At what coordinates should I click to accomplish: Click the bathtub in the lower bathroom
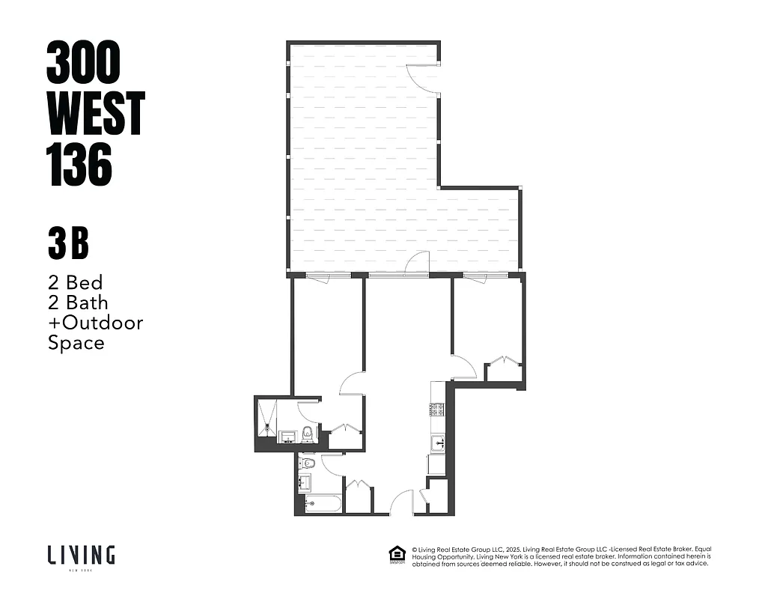[x=323, y=503]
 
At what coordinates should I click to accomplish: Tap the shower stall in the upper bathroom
[x=267, y=417]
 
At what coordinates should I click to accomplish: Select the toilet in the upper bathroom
[x=308, y=433]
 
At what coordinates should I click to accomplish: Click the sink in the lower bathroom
[x=304, y=482]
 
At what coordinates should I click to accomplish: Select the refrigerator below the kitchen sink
[x=437, y=464]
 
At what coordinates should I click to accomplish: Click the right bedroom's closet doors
[x=505, y=362]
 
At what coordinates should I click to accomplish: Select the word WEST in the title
[x=95, y=113]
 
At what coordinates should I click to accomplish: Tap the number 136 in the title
[x=79, y=165]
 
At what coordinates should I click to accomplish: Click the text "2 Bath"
[x=78, y=302]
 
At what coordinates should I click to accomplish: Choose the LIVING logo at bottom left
[x=81, y=556]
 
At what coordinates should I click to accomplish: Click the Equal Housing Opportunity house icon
[x=396, y=555]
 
